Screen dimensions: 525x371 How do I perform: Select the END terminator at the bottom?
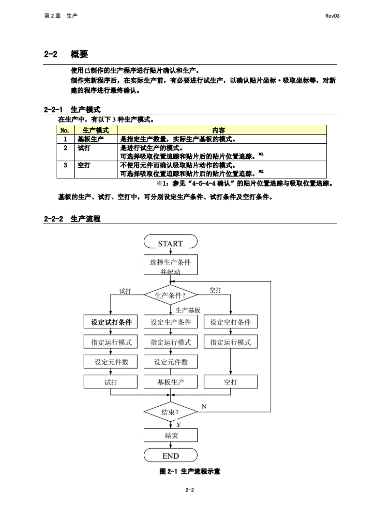click(171, 455)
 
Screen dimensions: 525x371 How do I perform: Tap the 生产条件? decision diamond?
click(170, 295)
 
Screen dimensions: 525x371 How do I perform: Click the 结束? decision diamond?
click(170, 412)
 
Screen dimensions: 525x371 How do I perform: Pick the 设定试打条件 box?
click(111, 322)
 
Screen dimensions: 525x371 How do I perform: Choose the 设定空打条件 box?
click(230, 322)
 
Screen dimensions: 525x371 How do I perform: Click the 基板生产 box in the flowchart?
click(171, 382)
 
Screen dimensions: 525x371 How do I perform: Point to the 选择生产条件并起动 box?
click(171, 265)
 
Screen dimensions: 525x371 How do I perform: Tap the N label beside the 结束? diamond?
click(204, 406)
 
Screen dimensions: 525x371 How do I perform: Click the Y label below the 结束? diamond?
click(178, 425)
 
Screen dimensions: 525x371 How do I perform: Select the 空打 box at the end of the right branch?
click(230, 382)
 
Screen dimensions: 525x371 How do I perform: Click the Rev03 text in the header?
click(332, 16)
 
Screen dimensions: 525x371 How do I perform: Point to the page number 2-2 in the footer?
click(190, 490)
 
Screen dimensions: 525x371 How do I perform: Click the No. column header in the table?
click(65, 130)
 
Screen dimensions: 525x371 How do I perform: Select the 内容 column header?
click(218, 130)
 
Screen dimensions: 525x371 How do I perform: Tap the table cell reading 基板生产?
click(91, 139)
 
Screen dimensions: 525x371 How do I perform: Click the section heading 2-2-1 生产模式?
click(72, 109)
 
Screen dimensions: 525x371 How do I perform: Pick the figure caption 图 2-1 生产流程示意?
click(190, 471)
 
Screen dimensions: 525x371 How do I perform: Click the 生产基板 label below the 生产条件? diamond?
click(188, 310)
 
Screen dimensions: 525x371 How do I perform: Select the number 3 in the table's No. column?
click(65, 165)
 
